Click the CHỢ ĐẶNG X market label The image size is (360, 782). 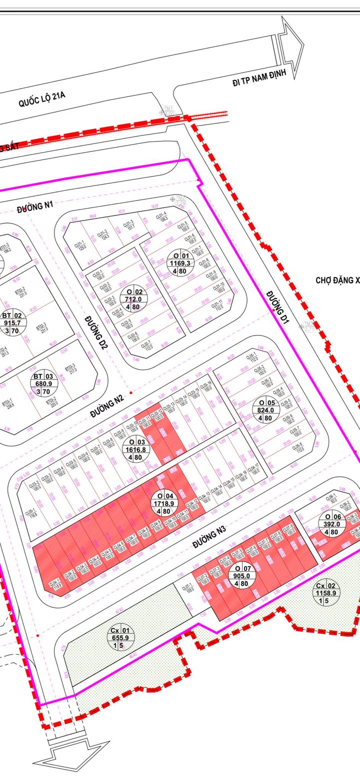[x=337, y=280]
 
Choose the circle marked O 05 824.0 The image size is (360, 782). [x=265, y=410]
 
